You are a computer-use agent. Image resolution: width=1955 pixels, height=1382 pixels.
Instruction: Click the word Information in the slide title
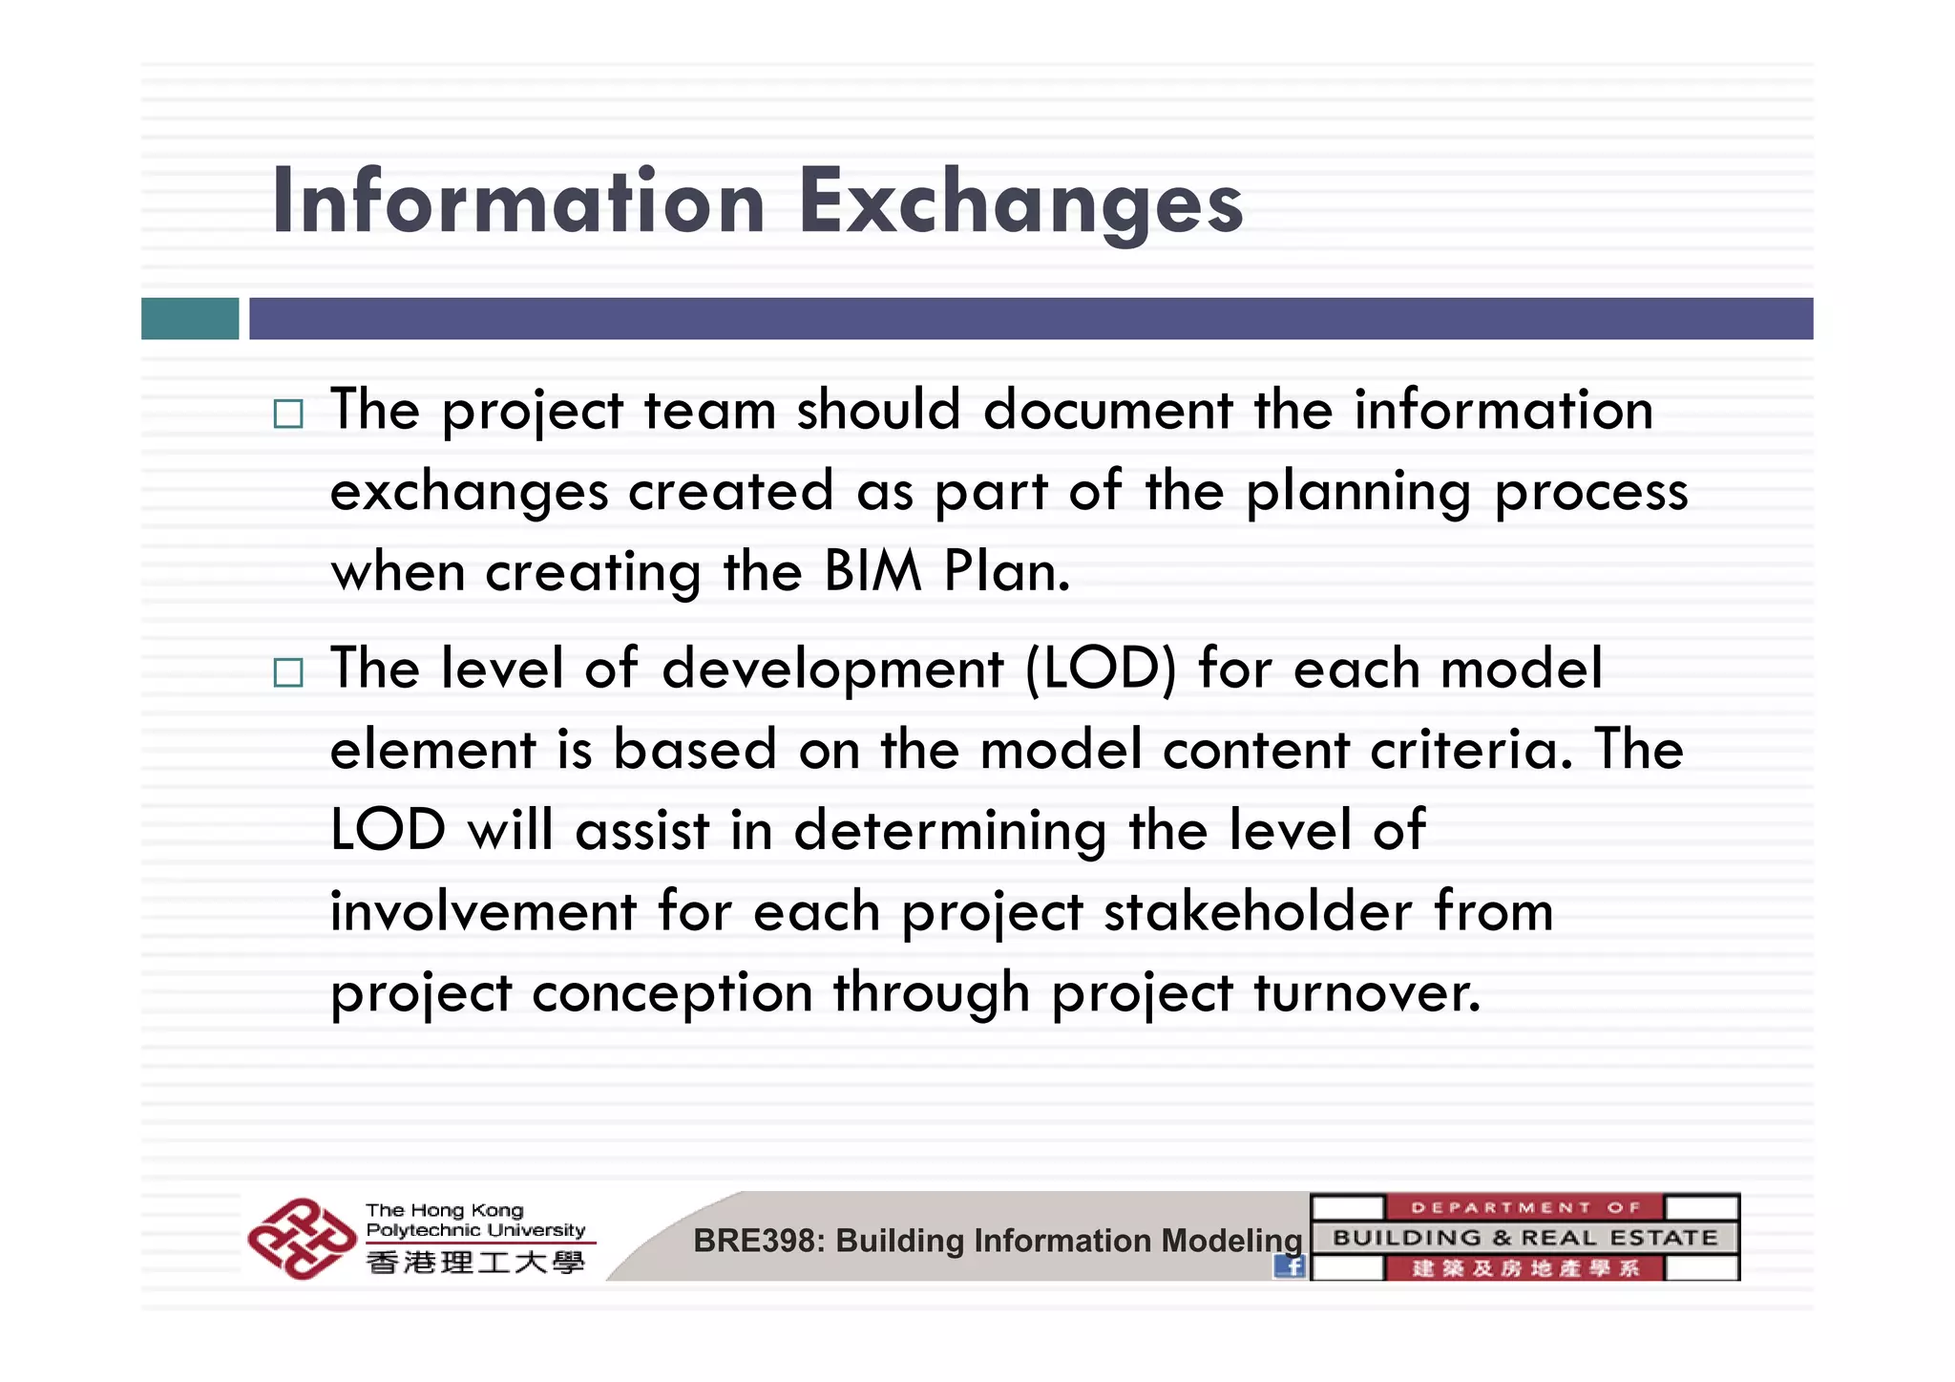coord(518,202)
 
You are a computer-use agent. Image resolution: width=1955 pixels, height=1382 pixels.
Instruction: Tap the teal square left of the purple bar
coord(190,318)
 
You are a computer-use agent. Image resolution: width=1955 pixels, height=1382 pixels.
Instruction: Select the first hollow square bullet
coord(287,414)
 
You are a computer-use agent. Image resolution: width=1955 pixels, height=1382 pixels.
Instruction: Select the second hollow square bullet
coord(287,672)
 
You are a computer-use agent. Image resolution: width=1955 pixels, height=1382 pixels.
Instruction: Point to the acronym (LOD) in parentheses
coord(1101,669)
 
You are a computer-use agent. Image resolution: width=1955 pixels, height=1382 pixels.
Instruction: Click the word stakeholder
coord(1258,912)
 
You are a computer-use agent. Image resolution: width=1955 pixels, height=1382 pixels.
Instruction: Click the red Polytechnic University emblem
coord(301,1239)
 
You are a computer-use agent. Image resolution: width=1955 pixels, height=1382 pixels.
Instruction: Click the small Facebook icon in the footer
coord(1291,1266)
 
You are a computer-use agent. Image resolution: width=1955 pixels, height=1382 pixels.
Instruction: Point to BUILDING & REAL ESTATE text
coord(1524,1238)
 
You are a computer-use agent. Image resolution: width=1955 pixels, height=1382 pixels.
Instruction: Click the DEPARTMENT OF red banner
coord(1524,1207)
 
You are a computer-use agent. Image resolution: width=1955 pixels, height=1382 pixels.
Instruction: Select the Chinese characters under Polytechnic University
coord(474,1263)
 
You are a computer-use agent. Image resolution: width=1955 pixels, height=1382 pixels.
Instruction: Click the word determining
coord(950,831)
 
